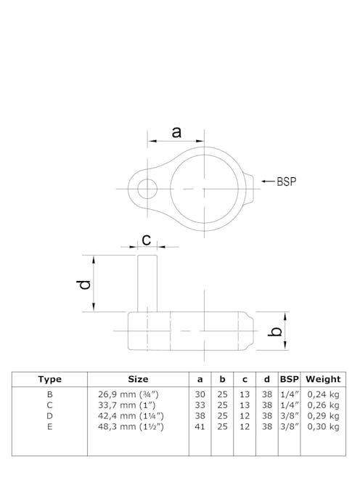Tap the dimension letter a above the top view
pyautogui.click(x=176, y=132)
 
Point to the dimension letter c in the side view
pyautogui.click(x=146, y=239)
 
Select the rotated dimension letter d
pyautogui.click(x=86, y=284)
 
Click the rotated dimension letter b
pyautogui.click(x=275, y=332)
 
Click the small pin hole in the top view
pyautogui.click(x=147, y=189)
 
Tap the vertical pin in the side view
pyautogui.click(x=147, y=284)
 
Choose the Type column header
pyautogui.click(x=49, y=379)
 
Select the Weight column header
pyautogui.click(x=323, y=379)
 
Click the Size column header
pyautogui.click(x=138, y=379)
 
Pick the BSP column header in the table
pyautogui.click(x=289, y=379)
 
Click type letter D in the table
pyautogui.click(x=49, y=416)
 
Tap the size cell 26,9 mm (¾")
pyautogui.click(x=128, y=394)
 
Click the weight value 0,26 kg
pyautogui.click(x=323, y=405)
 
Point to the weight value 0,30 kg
pyautogui.click(x=323, y=427)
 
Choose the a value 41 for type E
pyautogui.click(x=200, y=427)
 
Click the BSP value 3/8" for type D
pyautogui.click(x=289, y=416)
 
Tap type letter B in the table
pyautogui.click(x=49, y=394)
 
